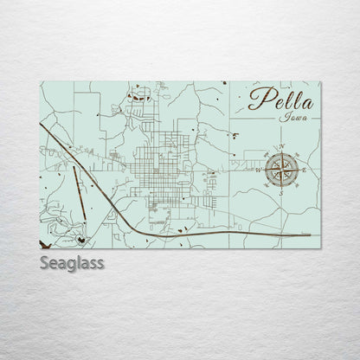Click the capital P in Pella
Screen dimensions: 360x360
click(256, 97)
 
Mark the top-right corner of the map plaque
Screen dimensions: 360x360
click(320, 82)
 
